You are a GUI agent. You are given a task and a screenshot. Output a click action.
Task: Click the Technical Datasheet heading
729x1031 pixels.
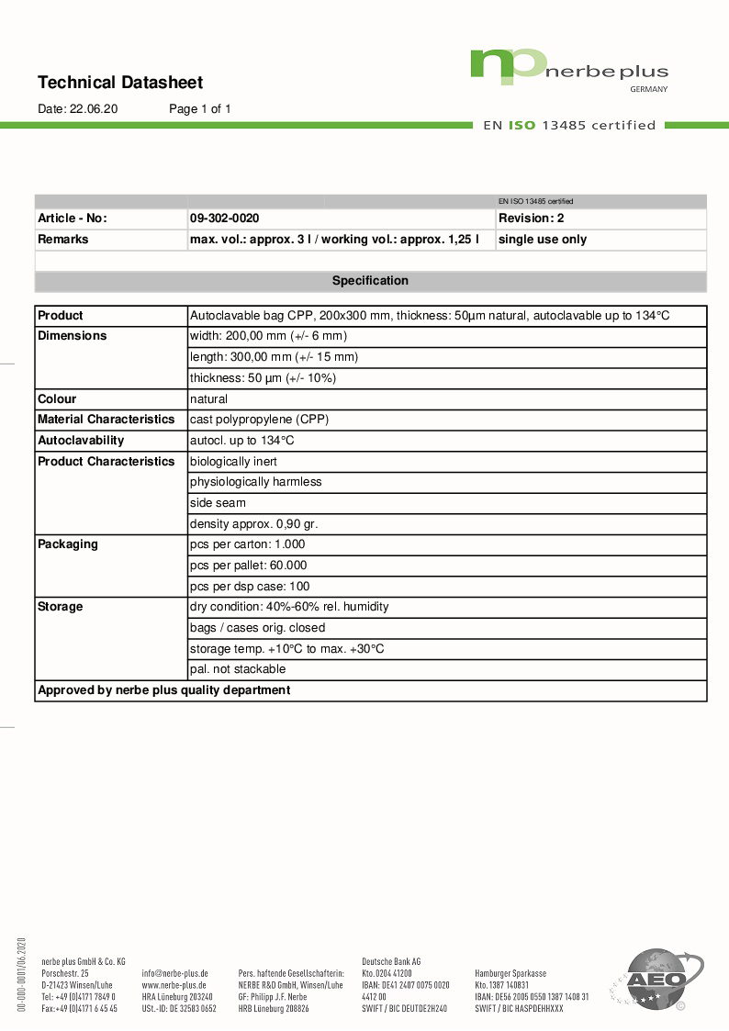coord(120,83)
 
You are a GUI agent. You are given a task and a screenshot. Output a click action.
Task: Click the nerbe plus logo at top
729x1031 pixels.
coord(568,69)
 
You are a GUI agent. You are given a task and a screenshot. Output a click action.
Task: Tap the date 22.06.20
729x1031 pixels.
coord(94,109)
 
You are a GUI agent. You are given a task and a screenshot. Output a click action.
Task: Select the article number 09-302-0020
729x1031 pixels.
coord(224,219)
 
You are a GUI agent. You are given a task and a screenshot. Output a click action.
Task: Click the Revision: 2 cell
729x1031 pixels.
coord(531,219)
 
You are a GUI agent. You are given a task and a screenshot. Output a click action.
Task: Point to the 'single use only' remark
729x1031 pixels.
coord(542,240)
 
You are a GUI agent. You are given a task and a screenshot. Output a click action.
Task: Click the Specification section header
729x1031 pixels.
coord(370,281)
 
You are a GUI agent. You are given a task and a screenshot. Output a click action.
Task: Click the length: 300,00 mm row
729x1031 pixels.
coord(274,357)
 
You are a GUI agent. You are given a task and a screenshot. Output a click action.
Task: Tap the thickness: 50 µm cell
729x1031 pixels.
coord(263,378)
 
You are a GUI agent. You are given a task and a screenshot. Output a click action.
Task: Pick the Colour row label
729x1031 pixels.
coord(57,399)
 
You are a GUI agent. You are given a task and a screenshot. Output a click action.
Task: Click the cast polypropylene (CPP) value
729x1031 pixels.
coord(259,420)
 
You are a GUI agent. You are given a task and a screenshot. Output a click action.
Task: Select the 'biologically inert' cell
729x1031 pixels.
coord(233,462)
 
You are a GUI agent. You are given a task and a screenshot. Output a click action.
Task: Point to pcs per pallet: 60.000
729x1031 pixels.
coord(248,566)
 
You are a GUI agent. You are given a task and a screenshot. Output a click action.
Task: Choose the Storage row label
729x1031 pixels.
coord(60,607)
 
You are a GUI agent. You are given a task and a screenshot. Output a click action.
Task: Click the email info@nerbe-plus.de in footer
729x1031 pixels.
coord(174,973)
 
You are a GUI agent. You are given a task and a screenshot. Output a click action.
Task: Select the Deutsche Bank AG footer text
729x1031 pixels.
coord(391,961)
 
